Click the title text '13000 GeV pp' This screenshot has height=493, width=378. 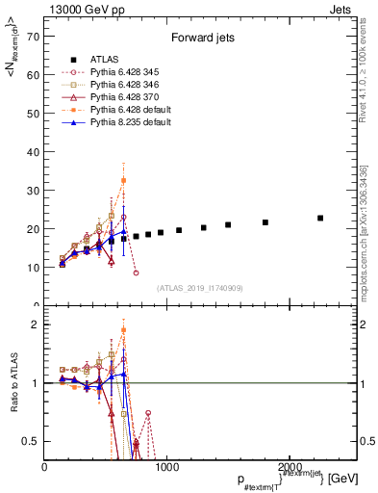click(x=75, y=9)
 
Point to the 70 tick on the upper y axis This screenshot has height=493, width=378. click(x=34, y=38)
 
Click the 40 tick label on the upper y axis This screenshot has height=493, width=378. click(x=34, y=152)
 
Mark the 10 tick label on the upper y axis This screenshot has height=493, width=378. click(x=34, y=267)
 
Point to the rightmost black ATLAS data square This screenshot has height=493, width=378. click(x=320, y=219)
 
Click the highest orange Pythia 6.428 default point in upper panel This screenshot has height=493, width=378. click(x=123, y=180)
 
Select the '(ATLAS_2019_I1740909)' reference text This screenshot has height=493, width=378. click(x=200, y=288)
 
